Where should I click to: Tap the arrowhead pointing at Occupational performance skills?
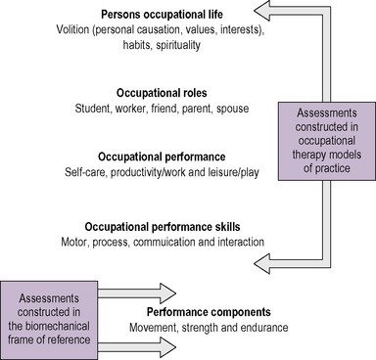(259, 260)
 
